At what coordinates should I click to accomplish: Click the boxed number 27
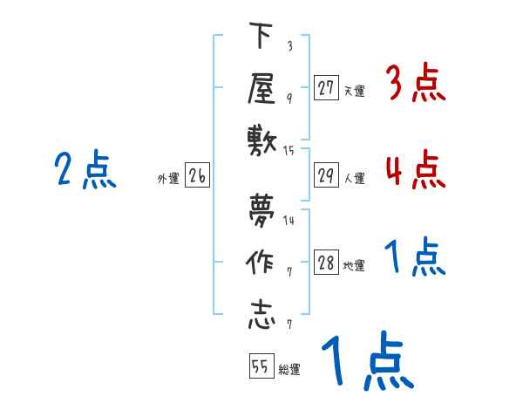[x=327, y=87]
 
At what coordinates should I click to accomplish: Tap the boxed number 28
[x=327, y=263]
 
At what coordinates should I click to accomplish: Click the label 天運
[x=354, y=90]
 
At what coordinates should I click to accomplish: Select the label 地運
[x=354, y=266]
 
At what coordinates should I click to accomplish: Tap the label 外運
[x=168, y=179]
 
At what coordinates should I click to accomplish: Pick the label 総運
[x=289, y=369]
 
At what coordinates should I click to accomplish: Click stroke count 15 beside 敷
[x=289, y=150]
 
